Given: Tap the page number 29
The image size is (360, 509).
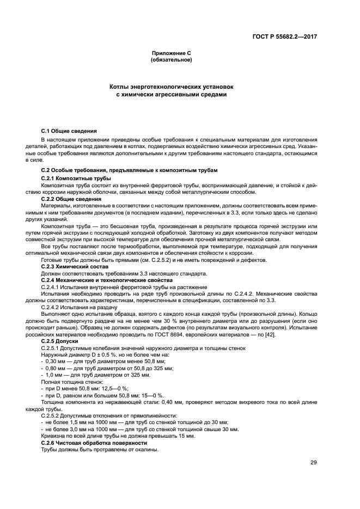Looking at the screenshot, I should [x=314, y=463].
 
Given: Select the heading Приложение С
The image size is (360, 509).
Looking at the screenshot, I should [x=171, y=53].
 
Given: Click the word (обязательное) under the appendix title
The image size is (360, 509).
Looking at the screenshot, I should [x=171, y=59].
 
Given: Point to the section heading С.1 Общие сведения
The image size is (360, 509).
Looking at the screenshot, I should [x=69, y=131].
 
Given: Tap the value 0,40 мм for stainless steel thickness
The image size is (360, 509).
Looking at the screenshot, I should [x=159, y=402].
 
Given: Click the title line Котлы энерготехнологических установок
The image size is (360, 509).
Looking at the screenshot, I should [x=171, y=87].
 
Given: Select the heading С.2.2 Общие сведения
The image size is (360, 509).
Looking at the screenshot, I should [x=71, y=199].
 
